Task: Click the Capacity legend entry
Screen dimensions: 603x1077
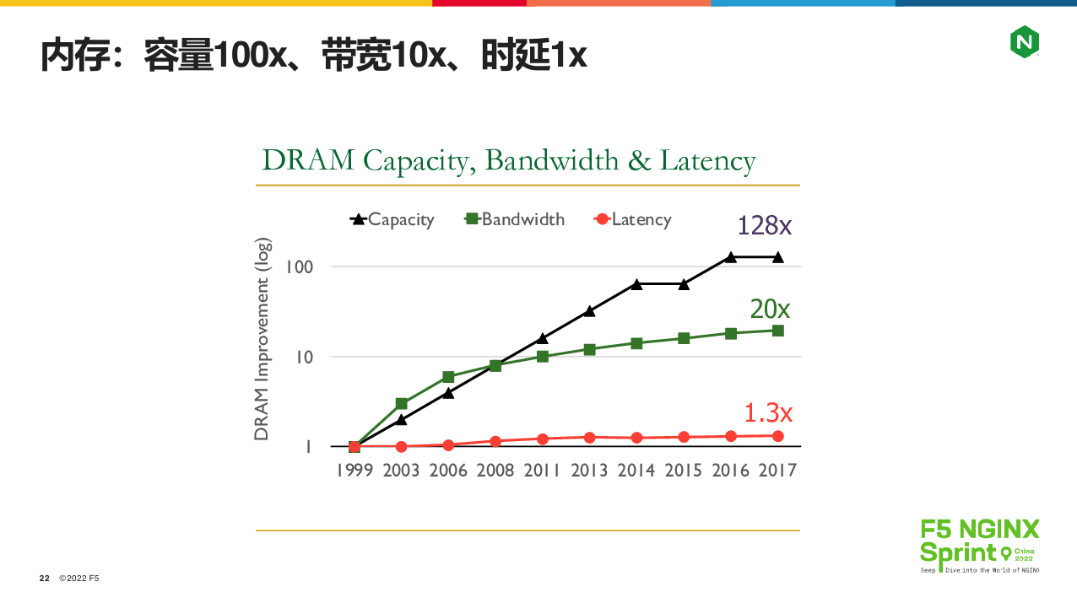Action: click(x=392, y=219)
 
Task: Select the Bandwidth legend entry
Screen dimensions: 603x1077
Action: click(x=514, y=219)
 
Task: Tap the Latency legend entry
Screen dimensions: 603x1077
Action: click(x=633, y=219)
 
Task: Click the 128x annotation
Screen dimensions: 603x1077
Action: click(x=764, y=225)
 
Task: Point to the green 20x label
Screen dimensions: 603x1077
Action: click(x=770, y=310)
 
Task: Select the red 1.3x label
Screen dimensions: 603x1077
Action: click(x=767, y=412)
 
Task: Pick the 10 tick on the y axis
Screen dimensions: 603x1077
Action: click(x=303, y=357)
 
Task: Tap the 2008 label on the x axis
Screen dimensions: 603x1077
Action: click(x=495, y=471)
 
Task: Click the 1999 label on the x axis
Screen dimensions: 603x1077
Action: click(x=354, y=471)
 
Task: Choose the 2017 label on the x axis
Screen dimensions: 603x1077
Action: click(x=777, y=471)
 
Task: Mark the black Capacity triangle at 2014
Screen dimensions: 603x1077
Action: click(x=636, y=284)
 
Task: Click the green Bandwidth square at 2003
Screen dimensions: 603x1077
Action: click(x=402, y=404)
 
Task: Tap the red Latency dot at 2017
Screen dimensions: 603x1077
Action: click(x=777, y=436)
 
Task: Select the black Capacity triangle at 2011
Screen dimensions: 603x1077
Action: click(x=543, y=337)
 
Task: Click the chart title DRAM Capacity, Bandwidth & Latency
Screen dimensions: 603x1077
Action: click(x=509, y=160)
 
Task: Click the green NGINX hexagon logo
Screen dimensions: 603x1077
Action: click(x=1024, y=41)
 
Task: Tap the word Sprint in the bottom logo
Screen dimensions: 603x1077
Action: click(x=958, y=553)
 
